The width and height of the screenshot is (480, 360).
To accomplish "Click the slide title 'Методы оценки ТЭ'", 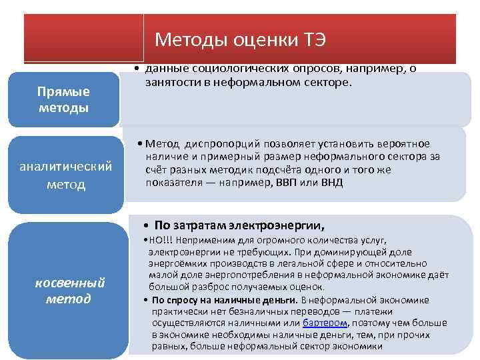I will (x=240, y=39).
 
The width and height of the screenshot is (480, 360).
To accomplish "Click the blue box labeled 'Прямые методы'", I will (x=63, y=99).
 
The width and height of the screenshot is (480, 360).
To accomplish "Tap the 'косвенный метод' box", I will (x=69, y=290).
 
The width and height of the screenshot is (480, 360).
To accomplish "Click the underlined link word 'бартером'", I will (x=325, y=322).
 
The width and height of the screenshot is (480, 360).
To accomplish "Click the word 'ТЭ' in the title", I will (x=312, y=39).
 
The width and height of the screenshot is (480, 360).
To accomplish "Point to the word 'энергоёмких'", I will (x=176, y=264).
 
